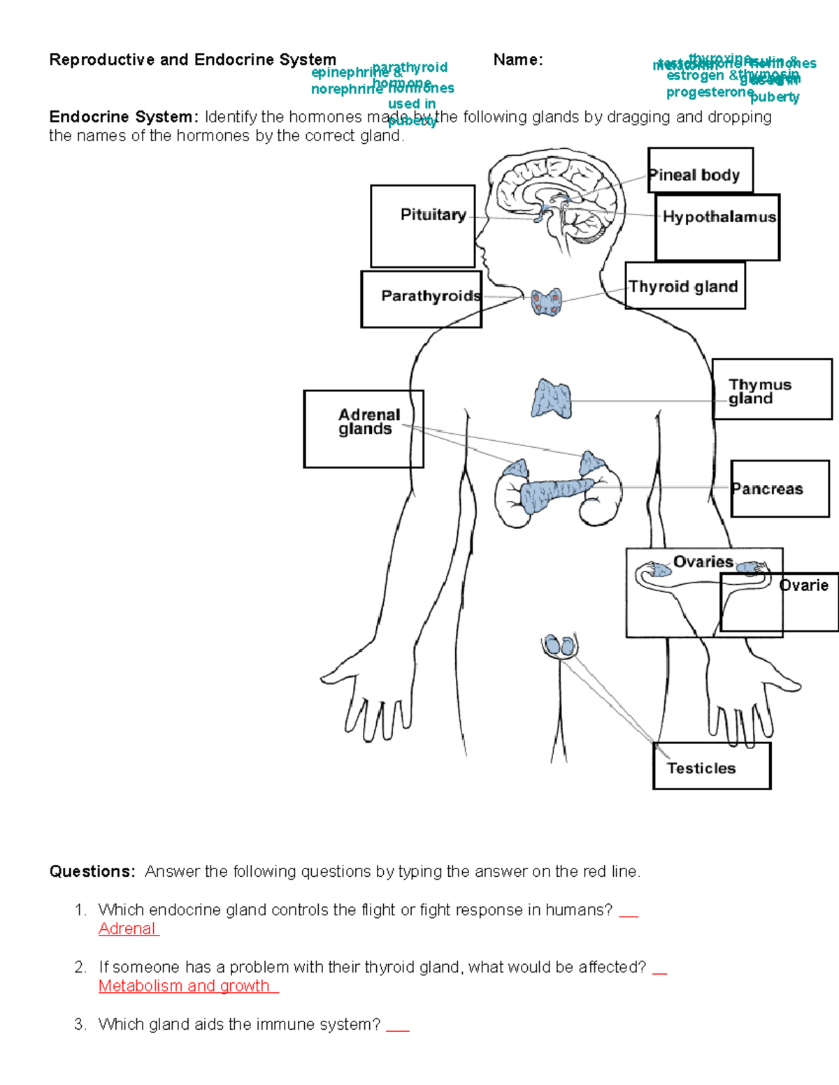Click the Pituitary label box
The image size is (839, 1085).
(423, 226)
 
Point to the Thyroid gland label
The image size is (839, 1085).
(684, 286)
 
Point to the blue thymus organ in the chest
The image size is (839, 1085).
(551, 400)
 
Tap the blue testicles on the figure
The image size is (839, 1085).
(559, 646)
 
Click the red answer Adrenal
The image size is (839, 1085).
(127, 929)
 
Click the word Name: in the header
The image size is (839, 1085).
(518, 60)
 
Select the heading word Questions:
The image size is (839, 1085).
(92, 871)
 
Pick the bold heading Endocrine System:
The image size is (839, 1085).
(124, 117)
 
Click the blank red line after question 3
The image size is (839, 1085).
(398, 1027)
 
